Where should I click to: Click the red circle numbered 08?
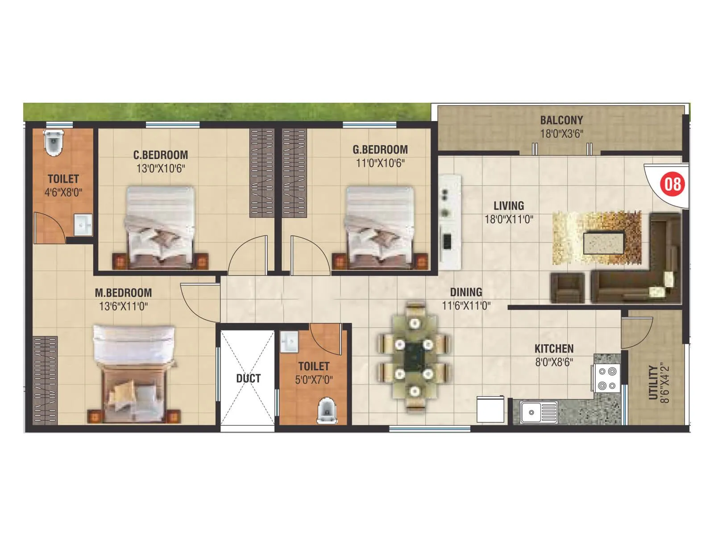click(672, 184)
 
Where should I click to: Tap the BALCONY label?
click(561, 120)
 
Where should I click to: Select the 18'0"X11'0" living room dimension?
click(509, 219)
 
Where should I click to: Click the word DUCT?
click(248, 378)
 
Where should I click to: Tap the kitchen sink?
click(538, 412)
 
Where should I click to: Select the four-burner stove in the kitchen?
click(606, 378)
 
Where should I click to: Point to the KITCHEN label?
click(554, 348)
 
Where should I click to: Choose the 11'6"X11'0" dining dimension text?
click(466, 306)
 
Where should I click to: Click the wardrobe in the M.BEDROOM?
click(45, 380)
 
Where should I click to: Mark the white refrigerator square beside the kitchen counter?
click(490, 409)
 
